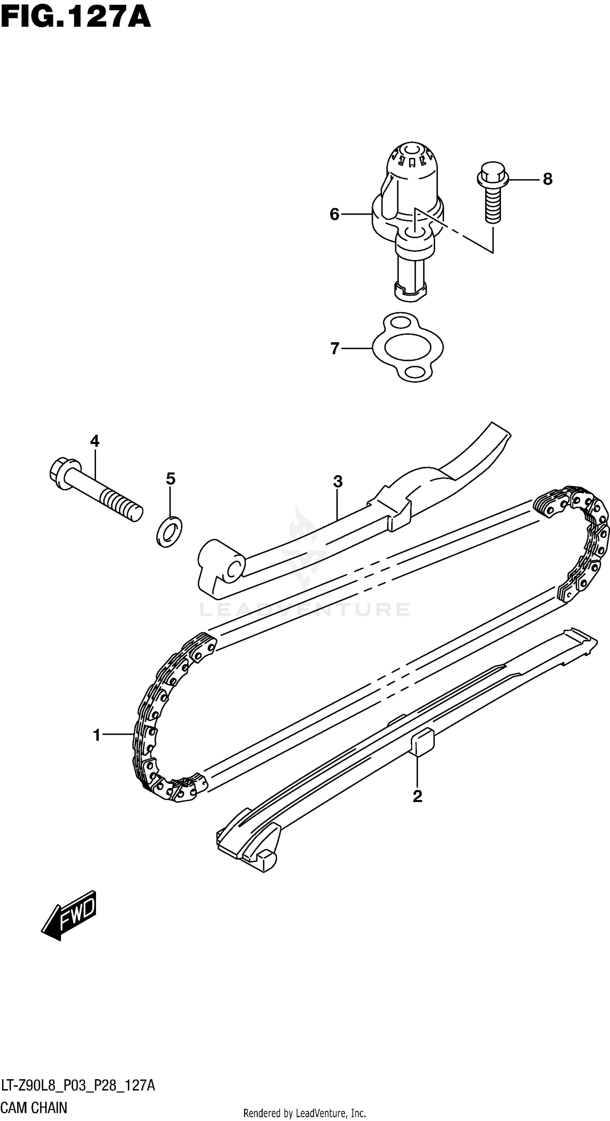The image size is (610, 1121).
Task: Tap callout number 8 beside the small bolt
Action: click(547, 179)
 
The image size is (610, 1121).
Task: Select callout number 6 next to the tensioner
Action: click(334, 214)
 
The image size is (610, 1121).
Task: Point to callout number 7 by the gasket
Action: click(334, 349)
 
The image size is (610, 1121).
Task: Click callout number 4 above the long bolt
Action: click(94, 441)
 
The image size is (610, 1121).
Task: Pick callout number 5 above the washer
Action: click(170, 479)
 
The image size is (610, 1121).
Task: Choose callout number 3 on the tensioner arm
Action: click(338, 482)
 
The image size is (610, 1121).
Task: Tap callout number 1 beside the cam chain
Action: click(97, 736)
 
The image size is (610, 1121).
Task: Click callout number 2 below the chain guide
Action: click(417, 797)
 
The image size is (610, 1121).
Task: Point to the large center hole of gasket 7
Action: click(407, 348)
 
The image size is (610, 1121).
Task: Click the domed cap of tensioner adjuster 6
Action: click(412, 159)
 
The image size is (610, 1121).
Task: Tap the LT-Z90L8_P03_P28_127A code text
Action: click(78, 1085)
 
